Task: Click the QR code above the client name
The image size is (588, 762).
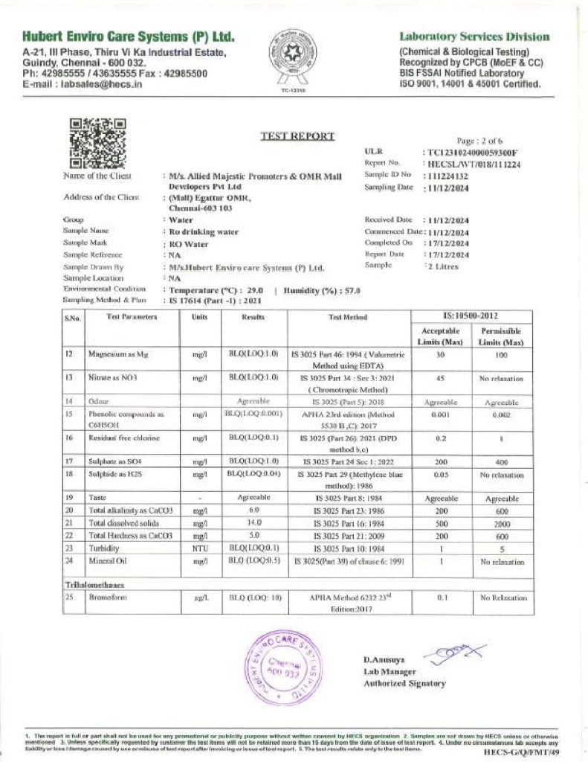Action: coord(97,141)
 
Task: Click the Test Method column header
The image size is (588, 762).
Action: coord(348,317)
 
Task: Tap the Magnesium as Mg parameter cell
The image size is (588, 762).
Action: coord(119,356)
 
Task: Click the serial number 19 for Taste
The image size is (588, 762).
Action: coord(68,496)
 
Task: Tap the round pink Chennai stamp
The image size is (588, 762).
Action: coord(283,665)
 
